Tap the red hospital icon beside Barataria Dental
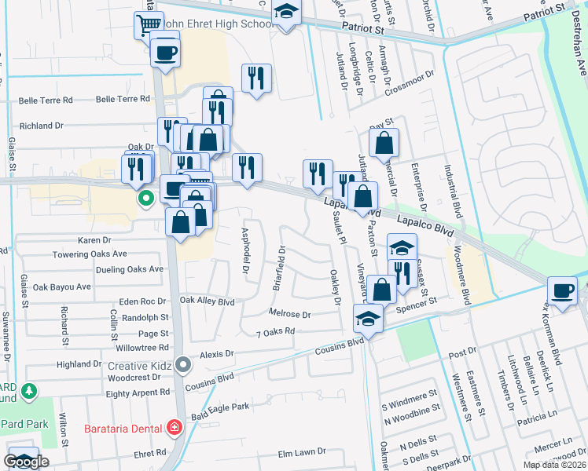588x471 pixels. tap(173, 429)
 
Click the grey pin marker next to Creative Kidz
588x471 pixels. tap(183, 365)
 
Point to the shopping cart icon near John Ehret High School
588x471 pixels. tap(147, 25)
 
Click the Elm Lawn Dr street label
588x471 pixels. tap(302, 452)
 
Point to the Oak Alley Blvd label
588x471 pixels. tap(208, 301)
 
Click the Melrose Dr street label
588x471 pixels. tap(289, 314)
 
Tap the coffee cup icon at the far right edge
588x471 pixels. tap(563, 290)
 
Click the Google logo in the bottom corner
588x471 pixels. tap(26, 462)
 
